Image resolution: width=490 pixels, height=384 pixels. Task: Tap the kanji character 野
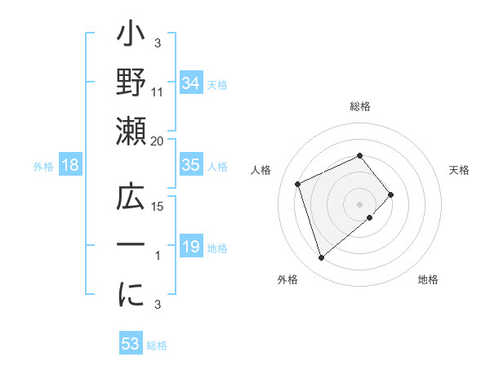[x=131, y=85]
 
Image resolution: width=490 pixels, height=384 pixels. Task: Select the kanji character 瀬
[x=131, y=131]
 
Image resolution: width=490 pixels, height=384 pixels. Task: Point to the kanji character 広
[x=131, y=200]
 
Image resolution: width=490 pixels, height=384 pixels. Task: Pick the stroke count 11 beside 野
[x=158, y=92]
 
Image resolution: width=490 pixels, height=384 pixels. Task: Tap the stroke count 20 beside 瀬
[x=158, y=141]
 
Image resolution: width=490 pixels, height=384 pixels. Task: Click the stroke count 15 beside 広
[x=158, y=207]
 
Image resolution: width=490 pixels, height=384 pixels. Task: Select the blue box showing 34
[x=190, y=83]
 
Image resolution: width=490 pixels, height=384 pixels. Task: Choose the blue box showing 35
[x=190, y=165]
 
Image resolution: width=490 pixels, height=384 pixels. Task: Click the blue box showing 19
[x=190, y=247]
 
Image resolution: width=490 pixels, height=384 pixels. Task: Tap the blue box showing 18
[x=70, y=165]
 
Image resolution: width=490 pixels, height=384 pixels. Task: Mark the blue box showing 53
[x=130, y=344]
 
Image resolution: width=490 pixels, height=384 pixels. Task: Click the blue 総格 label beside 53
[x=157, y=346]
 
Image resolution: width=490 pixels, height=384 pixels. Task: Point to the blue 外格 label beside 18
[x=43, y=167]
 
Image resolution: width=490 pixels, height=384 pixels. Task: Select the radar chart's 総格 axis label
[x=360, y=106]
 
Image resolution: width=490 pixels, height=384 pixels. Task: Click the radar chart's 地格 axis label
[x=428, y=279]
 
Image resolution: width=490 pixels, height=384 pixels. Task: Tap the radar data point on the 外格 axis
[x=321, y=258]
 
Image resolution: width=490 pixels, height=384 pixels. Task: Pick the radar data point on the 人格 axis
[x=299, y=183]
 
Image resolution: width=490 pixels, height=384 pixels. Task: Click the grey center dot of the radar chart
[x=360, y=203]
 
